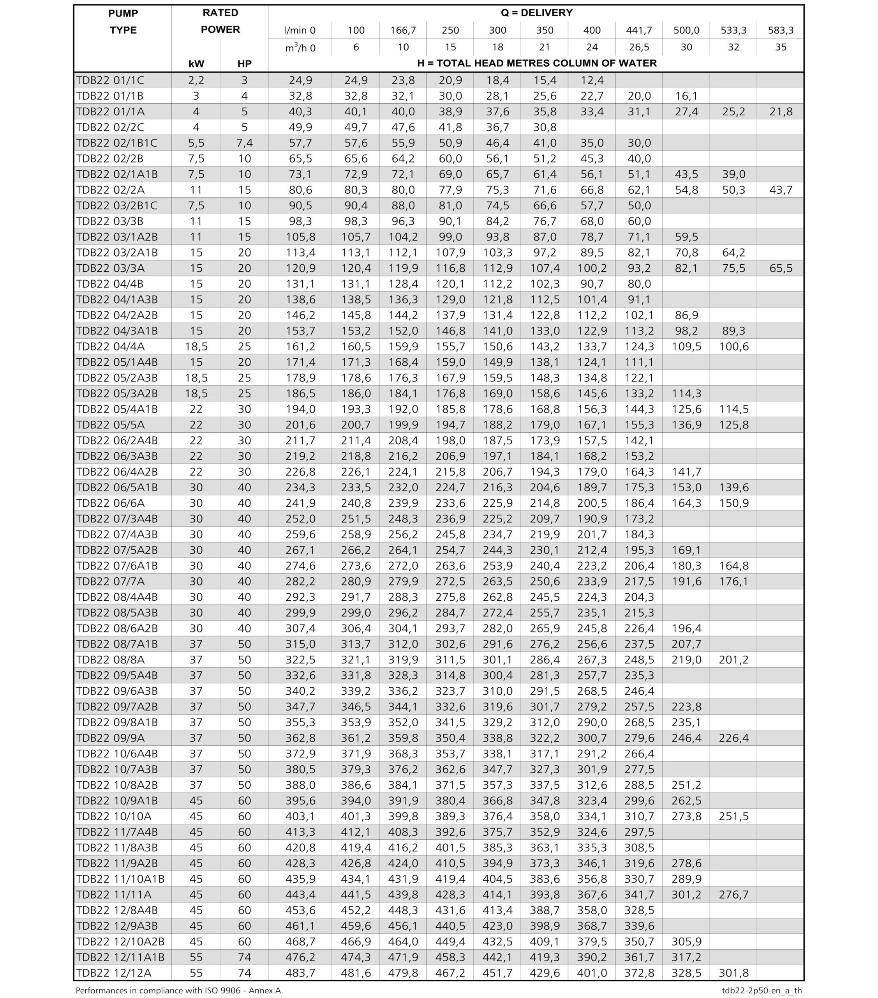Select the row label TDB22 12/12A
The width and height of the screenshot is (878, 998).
coord(114,972)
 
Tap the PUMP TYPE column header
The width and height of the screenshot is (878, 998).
coord(123,21)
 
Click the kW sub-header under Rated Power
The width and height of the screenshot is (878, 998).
coord(196,64)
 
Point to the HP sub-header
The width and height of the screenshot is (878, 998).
coord(244,64)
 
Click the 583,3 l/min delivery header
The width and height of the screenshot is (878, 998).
coord(781,30)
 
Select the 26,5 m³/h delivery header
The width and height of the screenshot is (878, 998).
coord(639,47)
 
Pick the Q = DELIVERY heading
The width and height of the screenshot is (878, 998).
coord(536,13)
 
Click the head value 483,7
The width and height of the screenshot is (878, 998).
coord(300,972)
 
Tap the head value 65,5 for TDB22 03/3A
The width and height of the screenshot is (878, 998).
coord(781,268)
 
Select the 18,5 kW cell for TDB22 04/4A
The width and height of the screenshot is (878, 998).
coord(196,346)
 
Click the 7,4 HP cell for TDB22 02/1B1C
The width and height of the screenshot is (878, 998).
coord(244,143)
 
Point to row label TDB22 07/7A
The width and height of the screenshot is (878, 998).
coord(110,581)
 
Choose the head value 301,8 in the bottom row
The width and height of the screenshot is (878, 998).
coord(733,972)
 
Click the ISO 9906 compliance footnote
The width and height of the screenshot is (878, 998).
coord(179,990)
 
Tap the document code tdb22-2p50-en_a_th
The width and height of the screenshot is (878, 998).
coord(762,990)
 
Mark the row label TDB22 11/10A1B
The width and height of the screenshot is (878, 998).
coord(120,878)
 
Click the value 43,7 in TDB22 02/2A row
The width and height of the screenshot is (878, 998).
coord(781,189)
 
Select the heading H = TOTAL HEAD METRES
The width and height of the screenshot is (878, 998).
coord(536,64)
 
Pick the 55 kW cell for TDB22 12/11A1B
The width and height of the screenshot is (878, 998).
coord(196,957)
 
